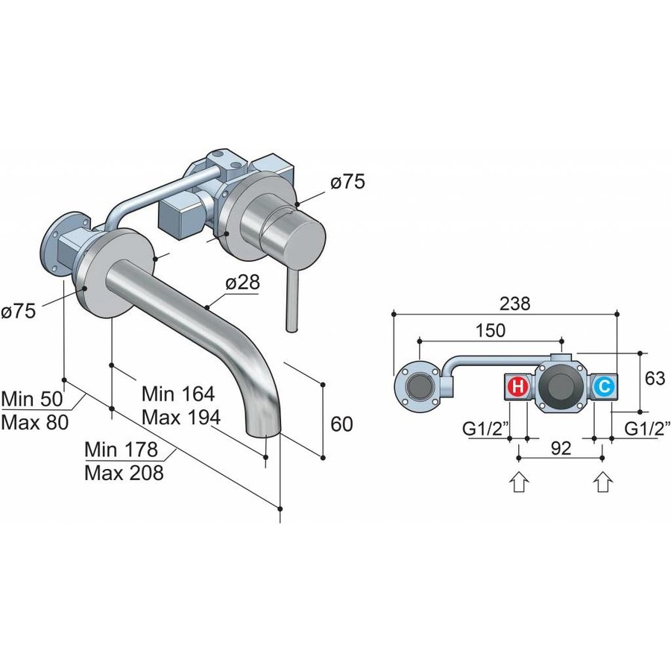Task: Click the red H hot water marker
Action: [517, 388]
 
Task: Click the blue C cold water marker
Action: [603, 388]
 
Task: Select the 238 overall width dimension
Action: [515, 304]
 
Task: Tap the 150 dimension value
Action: [491, 330]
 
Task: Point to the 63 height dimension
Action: [655, 379]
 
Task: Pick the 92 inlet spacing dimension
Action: [560, 449]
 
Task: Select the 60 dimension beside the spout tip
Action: [341, 424]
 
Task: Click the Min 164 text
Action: [178, 393]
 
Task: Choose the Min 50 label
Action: [33, 397]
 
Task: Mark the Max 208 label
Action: [124, 473]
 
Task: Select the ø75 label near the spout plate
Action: [19, 311]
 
